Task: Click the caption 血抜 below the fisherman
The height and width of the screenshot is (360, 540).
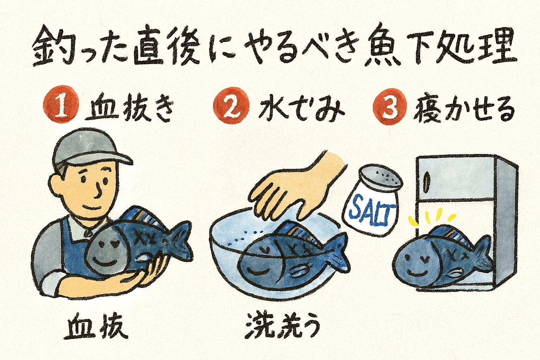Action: (x=96, y=328)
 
